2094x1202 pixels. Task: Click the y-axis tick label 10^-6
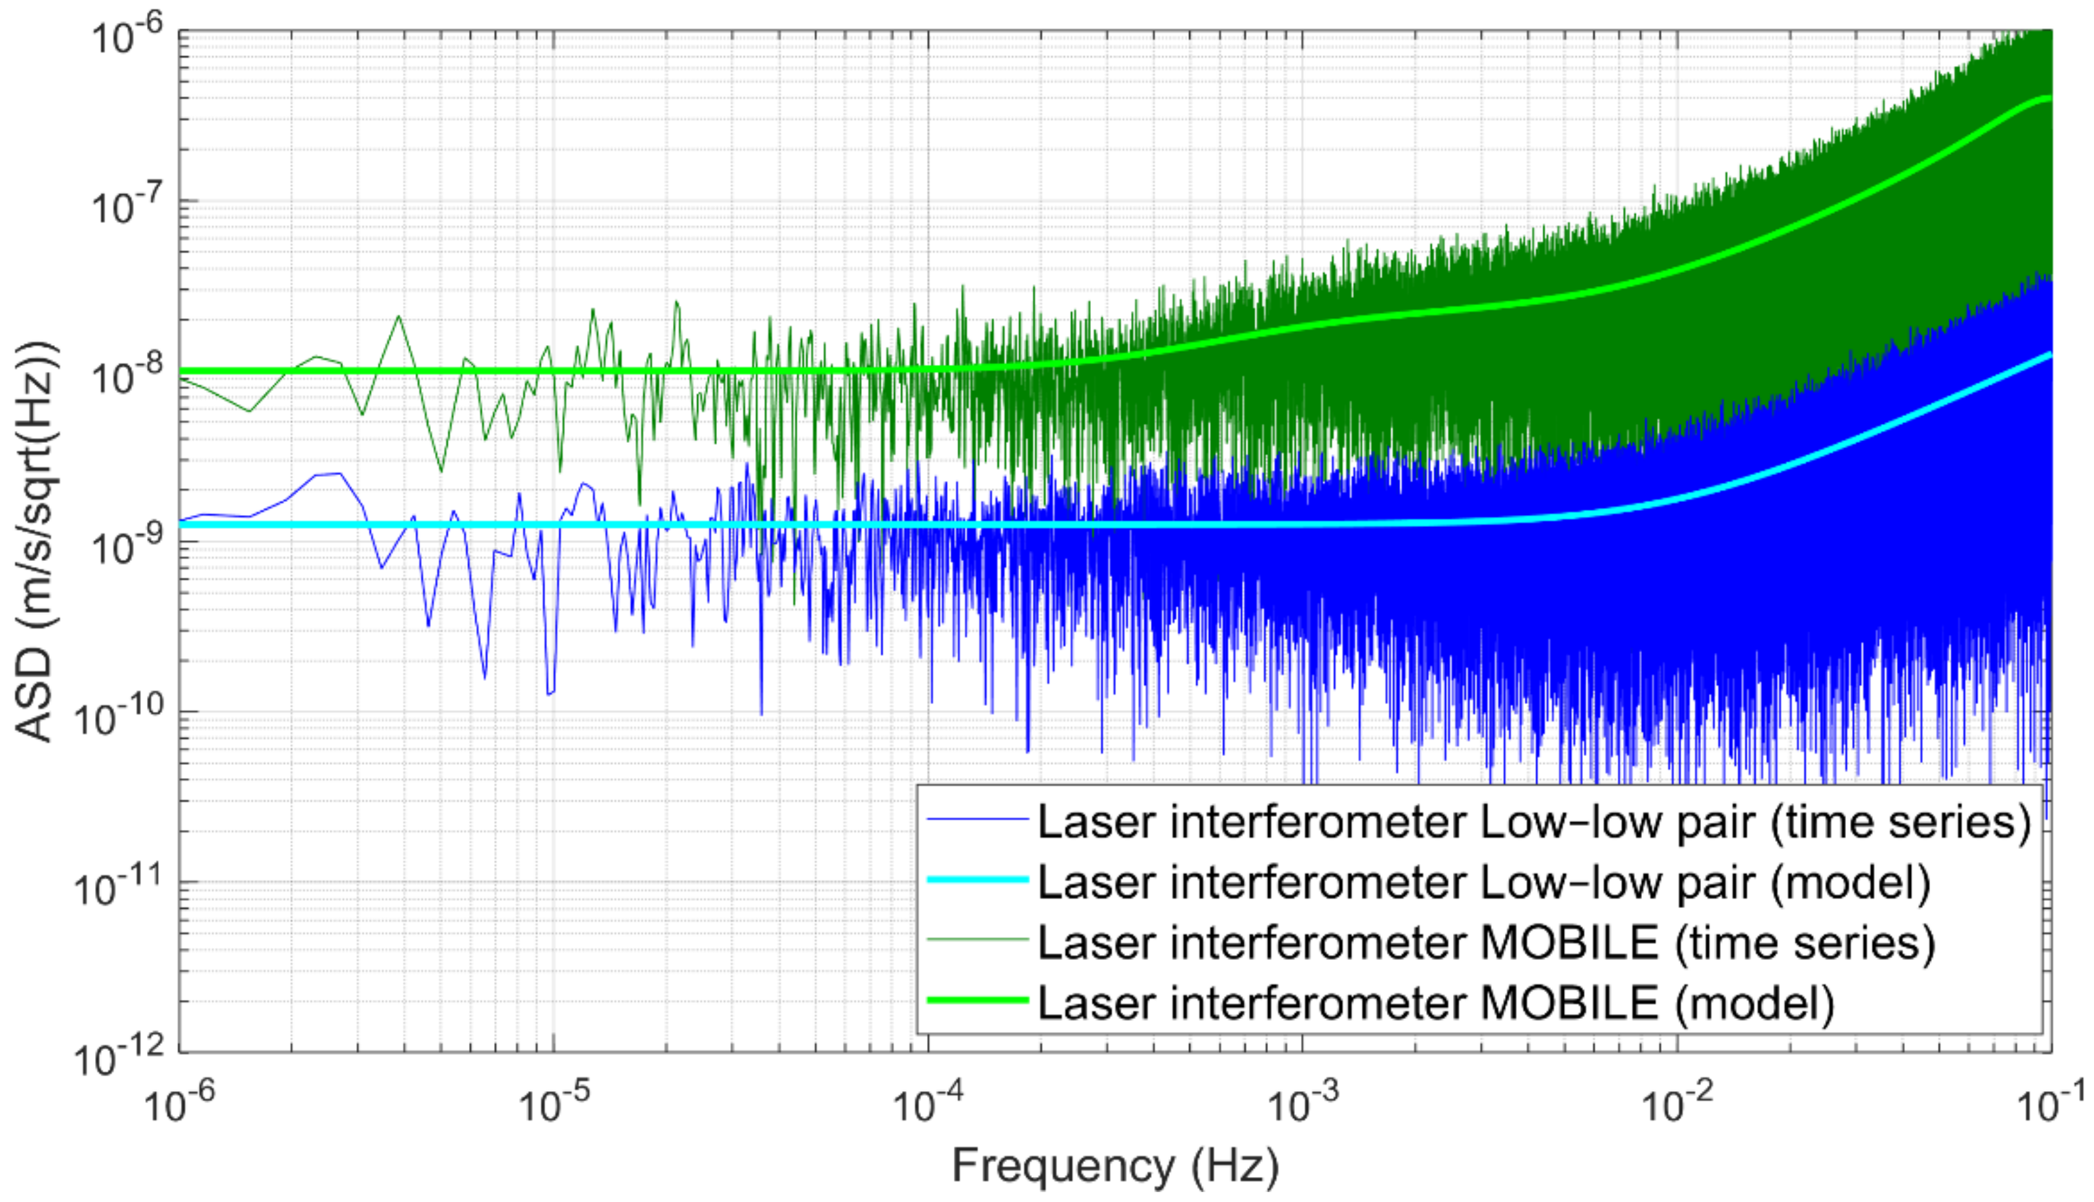point(124,37)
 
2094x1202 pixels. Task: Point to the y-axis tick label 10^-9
point(124,546)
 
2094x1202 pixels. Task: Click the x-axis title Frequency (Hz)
point(1115,1166)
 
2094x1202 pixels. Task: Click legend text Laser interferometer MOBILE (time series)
point(1486,942)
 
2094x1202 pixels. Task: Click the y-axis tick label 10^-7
point(124,207)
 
